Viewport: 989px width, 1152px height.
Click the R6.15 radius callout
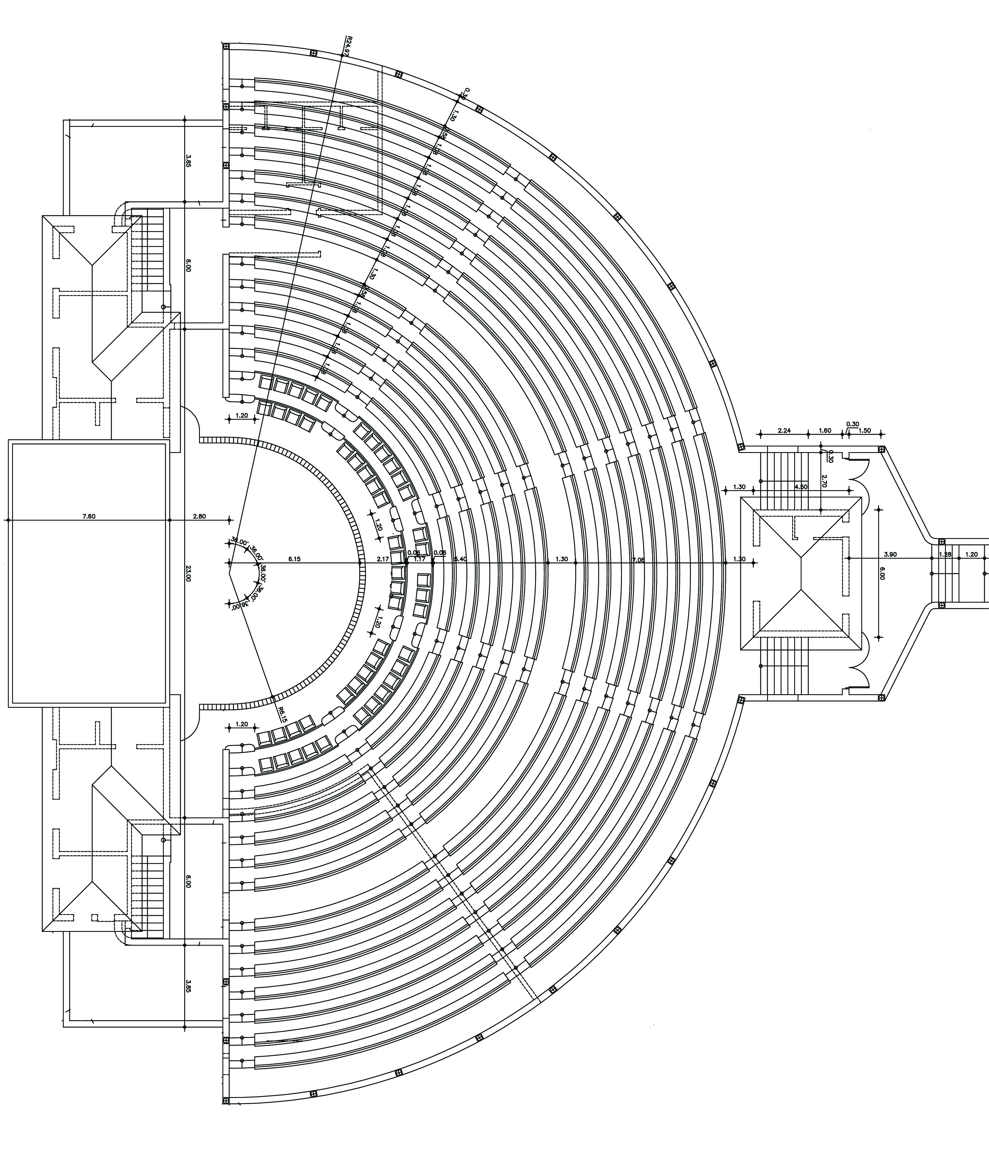282,715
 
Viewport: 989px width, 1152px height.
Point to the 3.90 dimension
890,554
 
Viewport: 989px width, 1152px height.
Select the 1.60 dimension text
825,430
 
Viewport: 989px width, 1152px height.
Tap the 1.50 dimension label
864,430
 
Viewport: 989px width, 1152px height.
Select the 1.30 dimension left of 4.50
739,487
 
